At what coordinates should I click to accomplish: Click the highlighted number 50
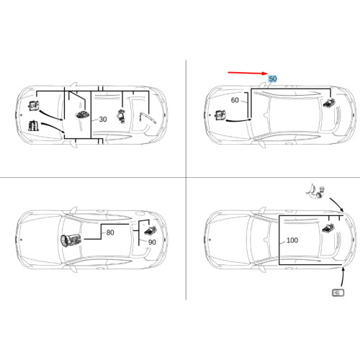[272, 78]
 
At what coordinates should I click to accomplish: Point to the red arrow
[248, 74]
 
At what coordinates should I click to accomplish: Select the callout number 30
[102, 119]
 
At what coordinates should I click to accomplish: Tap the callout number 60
[235, 101]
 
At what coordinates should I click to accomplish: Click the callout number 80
[110, 233]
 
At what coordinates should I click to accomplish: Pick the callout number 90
[152, 243]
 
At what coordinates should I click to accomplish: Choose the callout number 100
[292, 240]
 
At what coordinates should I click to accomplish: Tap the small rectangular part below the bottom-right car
[338, 292]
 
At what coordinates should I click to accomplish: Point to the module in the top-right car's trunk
[329, 103]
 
